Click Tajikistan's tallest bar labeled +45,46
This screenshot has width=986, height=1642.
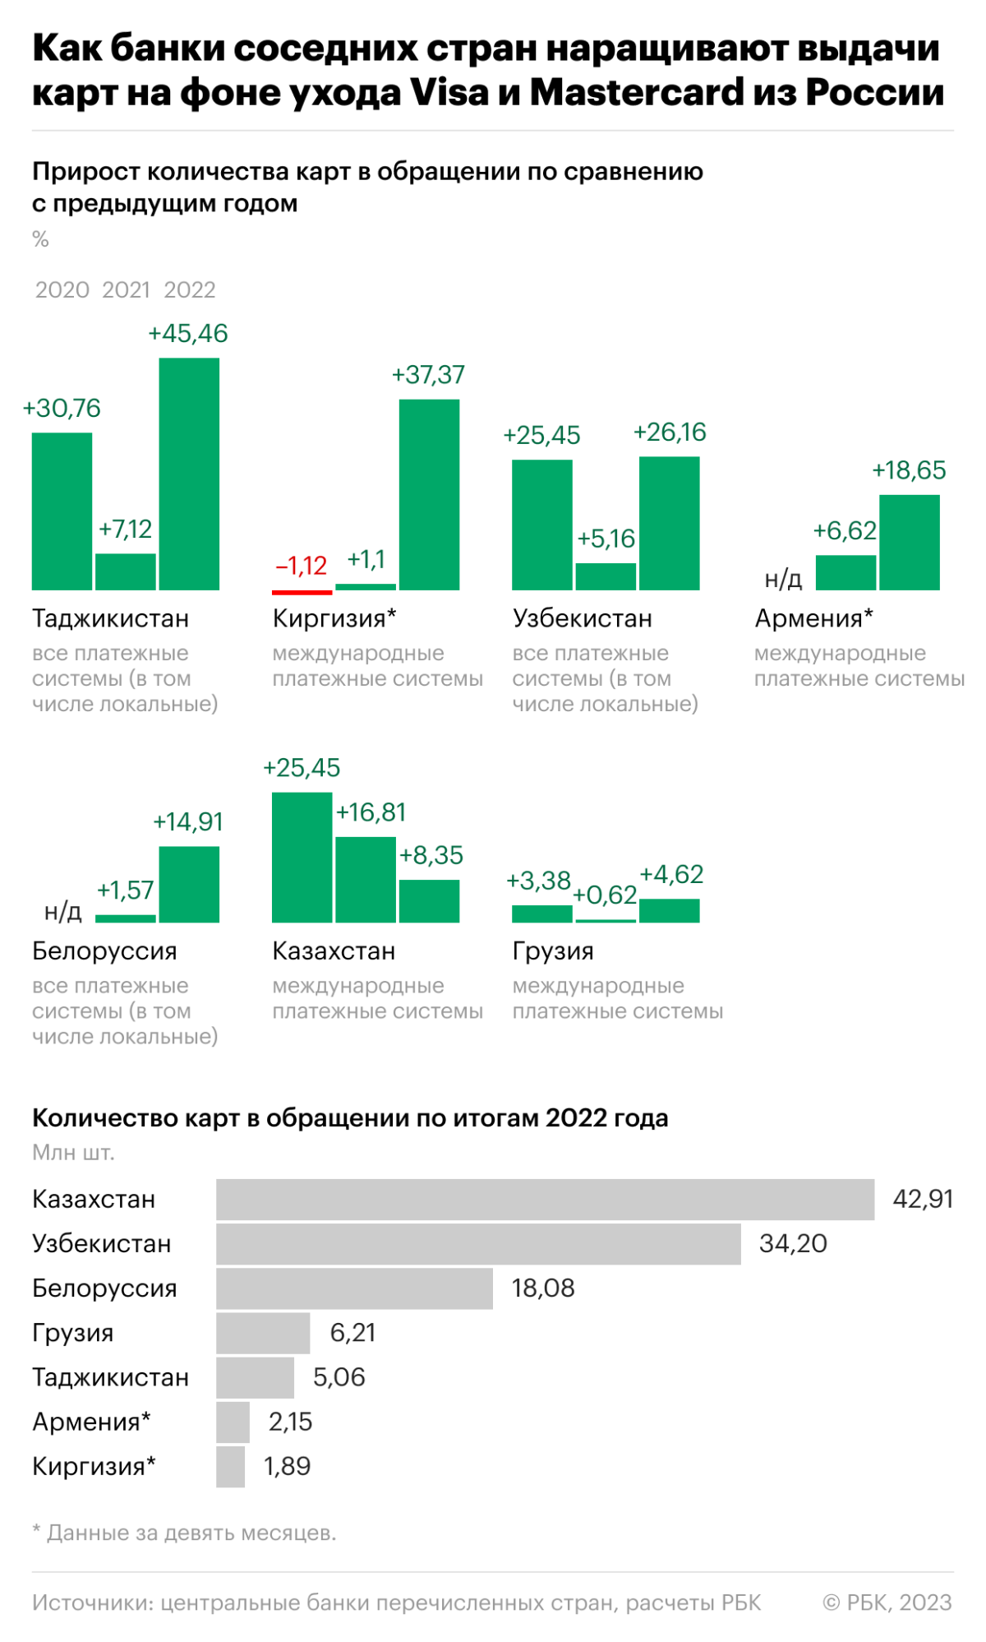click(189, 474)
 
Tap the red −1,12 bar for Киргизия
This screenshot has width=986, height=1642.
click(302, 591)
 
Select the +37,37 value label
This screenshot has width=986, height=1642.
click(428, 375)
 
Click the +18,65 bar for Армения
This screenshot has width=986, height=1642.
click(909, 542)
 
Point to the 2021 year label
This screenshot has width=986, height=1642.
click(127, 290)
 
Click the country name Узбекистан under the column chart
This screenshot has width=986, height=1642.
click(582, 618)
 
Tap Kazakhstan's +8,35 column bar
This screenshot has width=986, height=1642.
click(429, 901)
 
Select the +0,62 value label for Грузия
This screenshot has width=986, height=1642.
click(605, 895)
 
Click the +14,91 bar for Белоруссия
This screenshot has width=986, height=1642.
click(189, 884)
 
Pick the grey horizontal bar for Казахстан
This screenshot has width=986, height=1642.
click(545, 1200)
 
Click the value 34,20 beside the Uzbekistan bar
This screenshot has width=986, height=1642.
click(793, 1244)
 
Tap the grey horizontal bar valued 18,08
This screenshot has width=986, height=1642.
click(354, 1288)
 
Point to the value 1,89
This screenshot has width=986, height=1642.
click(287, 1466)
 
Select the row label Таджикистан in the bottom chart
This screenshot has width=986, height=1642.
click(110, 1377)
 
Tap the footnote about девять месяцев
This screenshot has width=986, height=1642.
click(184, 1533)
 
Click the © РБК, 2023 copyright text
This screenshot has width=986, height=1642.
click(887, 1603)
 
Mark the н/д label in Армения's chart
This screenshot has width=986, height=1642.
click(783, 580)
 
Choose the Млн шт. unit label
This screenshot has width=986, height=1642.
click(73, 1153)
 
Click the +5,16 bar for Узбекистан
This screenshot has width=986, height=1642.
click(606, 576)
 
